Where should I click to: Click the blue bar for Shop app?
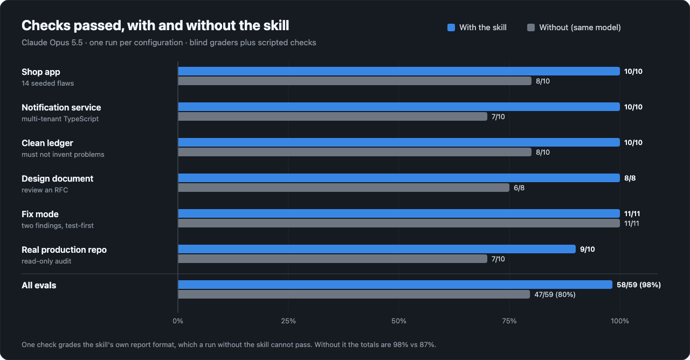click(399, 71)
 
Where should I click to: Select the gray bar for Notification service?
click(333, 116)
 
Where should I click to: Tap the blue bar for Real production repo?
click(377, 249)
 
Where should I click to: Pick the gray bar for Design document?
click(344, 188)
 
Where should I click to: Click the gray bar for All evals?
click(354, 294)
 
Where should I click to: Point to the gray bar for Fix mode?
click(399, 223)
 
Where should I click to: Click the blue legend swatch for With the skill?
click(451, 27)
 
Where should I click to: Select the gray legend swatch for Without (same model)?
click(531, 27)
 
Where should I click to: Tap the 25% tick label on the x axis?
click(288, 321)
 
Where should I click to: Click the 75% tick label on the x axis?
click(509, 321)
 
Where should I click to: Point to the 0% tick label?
click(178, 321)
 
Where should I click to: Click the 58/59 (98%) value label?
click(639, 285)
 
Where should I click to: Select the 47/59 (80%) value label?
click(555, 294)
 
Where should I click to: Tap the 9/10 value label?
click(587, 249)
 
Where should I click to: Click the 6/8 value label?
click(519, 188)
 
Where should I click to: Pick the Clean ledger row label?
click(47, 143)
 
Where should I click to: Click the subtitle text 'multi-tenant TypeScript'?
click(60, 119)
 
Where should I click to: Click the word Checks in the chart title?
click(46, 25)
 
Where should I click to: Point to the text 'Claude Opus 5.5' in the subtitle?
click(52, 43)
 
